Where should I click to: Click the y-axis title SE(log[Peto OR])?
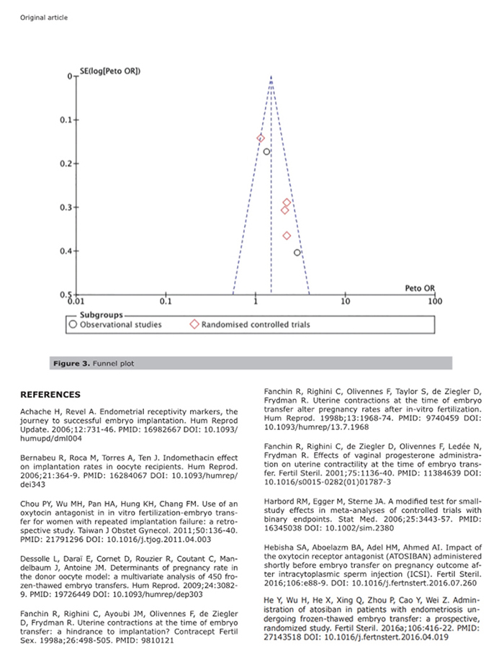(x=109, y=70)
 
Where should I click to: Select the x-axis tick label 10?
(x=346, y=300)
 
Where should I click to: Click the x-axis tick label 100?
(x=434, y=300)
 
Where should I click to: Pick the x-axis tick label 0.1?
(x=166, y=300)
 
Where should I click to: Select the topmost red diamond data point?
(x=261, y=138)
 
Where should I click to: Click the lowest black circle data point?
(x=297, y=252)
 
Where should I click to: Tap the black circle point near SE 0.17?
(x=266, y=151)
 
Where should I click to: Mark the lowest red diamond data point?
(x=287, y=236)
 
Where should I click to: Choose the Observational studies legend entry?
(x=116, y=325)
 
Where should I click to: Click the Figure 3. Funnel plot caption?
(x=94, y=364)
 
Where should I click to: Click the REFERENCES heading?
(x=50, y=395)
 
